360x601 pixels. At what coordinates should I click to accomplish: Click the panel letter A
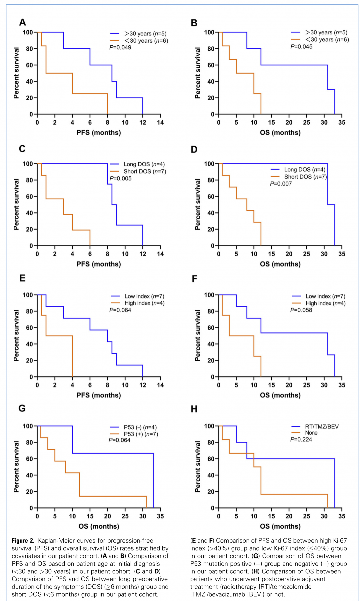(x=22, y=22)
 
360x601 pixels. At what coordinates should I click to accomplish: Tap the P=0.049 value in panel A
(x=120, y=48)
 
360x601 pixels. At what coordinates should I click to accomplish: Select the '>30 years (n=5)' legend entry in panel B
(x=326, y=32)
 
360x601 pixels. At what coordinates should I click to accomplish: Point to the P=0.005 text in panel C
(x=121, y=179)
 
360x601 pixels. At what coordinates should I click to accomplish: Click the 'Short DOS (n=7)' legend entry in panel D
(x=305, y=177)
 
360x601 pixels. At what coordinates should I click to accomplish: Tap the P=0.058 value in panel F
(x=301, y=310)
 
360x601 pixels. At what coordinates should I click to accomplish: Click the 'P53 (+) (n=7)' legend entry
(x=141, y=434)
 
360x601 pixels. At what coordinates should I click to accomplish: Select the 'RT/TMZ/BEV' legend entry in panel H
(x=321, y=427)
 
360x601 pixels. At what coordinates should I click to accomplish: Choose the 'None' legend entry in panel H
(x=311, y=433)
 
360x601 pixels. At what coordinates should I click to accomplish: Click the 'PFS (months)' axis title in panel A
(x=99, y=133)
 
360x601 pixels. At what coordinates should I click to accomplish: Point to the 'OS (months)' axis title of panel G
(x=99, y=526)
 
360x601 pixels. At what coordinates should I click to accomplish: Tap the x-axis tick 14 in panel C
(x=160, y=254)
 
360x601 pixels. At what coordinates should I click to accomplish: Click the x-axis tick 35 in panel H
(x=342, y=516)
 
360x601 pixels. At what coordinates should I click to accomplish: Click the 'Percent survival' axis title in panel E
(x=16, y=335)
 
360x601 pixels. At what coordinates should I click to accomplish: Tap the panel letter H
(x=194, y=409)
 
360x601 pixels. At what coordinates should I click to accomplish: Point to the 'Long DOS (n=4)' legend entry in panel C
(x=144, y=164)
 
